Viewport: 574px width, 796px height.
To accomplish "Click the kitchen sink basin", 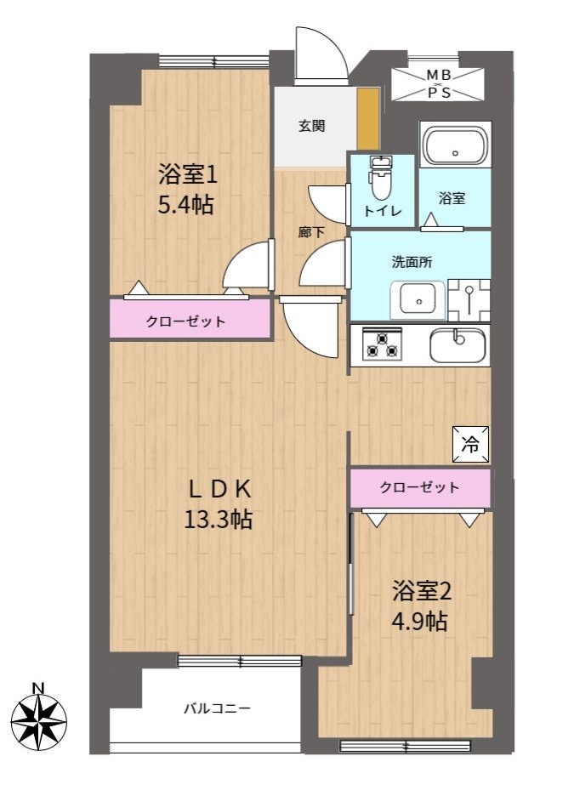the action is point(457,345).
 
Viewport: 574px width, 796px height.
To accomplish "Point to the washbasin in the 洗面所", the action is point(418,299).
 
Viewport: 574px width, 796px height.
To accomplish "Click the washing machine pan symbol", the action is point(469,300).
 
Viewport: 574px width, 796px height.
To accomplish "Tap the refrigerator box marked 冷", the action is point(470,445).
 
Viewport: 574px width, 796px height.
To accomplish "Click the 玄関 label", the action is point(311,125).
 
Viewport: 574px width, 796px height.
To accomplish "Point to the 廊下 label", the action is point(310,232).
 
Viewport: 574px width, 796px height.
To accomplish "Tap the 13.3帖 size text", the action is point(219,520).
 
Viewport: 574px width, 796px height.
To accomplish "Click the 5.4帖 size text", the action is point(185,205).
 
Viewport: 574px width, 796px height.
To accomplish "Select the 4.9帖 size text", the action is point(420,621).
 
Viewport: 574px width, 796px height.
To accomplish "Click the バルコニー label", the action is point(217,708).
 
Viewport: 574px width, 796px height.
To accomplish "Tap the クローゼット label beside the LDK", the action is point(420,487).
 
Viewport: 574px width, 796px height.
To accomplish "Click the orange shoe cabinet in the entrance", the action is point(368,119).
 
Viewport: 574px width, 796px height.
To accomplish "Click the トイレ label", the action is point(383,211).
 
